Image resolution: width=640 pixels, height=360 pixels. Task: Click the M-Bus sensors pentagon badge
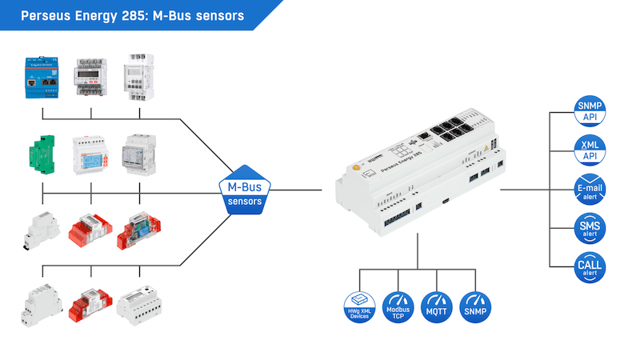pos(245,191)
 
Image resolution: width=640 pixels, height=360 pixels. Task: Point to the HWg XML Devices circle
pos(360,306)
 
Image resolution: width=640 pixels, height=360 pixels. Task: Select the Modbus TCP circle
pos(399,306)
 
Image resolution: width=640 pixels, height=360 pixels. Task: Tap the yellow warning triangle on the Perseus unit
pos(486,149)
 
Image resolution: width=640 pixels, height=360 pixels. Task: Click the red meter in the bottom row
pos(90,304)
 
